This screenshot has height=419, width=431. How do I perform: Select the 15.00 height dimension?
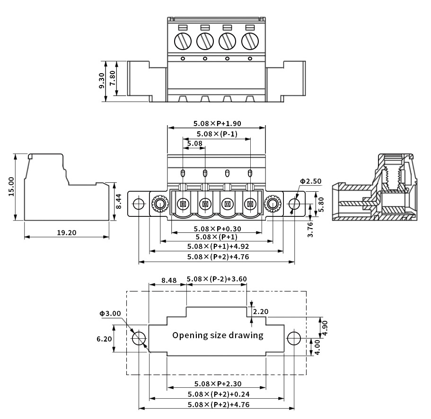11,187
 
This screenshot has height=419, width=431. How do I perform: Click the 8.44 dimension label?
119,202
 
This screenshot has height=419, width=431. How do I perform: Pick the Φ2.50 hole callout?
310,181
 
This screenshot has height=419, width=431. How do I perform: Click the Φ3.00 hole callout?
110,313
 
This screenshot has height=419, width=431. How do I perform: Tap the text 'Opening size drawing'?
218,335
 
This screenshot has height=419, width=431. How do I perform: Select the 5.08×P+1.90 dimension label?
217,123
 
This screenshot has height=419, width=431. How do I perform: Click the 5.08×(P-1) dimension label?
217,134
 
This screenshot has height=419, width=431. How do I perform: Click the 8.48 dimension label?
169,280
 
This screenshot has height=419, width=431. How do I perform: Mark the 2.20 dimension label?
261,312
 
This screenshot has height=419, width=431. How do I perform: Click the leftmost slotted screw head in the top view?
182,41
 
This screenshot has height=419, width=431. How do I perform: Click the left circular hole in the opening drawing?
139,338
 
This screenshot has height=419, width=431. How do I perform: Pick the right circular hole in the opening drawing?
294,338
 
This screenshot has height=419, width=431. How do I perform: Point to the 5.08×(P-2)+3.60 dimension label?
217,279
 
